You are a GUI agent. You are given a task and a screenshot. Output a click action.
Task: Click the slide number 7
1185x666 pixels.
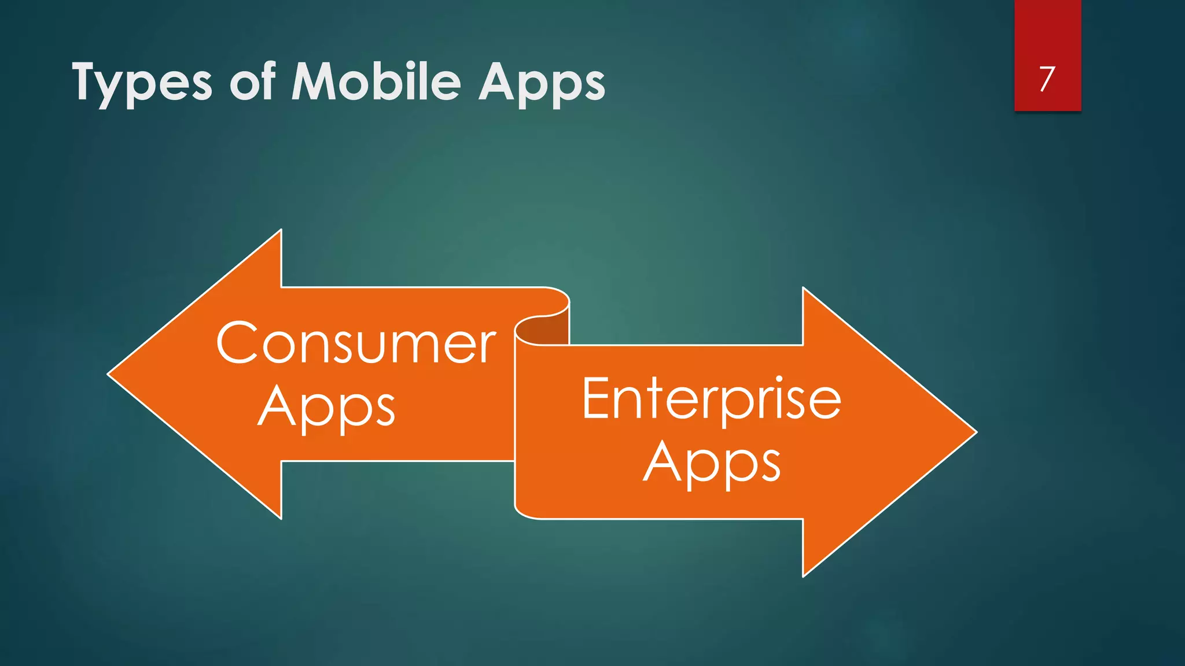click(x=1047, y=79)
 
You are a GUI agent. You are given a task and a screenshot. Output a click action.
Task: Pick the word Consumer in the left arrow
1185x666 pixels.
click(x=356, y=343)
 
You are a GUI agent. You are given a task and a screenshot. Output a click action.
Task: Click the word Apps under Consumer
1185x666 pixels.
click(x=326, y=408)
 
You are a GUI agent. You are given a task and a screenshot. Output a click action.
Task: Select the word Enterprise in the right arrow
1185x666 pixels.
click(x=711, y=399)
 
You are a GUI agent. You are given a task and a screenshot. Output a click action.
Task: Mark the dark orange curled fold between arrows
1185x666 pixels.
click(x=547, y=330)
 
